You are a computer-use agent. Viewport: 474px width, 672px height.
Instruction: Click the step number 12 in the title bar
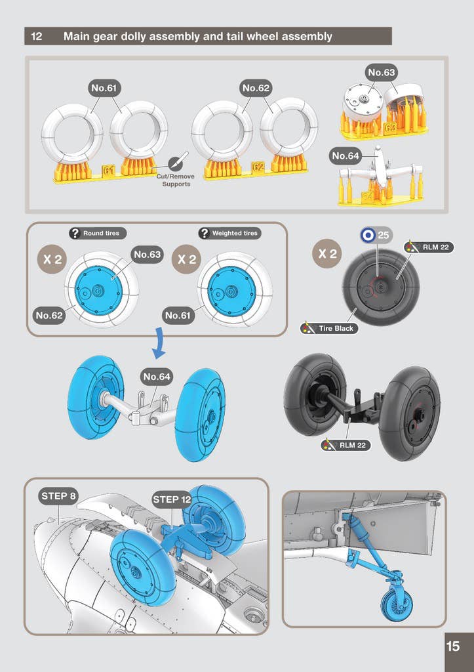[37, 37]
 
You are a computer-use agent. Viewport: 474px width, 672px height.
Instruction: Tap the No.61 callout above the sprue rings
[105, 89]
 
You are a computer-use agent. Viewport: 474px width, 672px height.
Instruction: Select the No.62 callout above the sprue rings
[256, 89]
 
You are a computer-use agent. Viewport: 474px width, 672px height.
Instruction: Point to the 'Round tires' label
[98, 233]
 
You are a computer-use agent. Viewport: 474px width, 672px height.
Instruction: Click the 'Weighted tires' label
[229, 233]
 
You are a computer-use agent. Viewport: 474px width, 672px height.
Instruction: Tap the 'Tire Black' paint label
[329, 329]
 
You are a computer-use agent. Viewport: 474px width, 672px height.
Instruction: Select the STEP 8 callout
[58, 496]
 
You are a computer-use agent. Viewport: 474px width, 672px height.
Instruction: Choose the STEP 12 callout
[172, 499]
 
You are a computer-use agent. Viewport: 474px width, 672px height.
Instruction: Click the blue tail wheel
[397, 603]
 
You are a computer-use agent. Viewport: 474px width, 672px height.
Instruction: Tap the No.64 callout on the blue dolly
[157, 377]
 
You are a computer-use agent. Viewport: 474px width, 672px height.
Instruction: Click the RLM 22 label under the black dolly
[346, 446]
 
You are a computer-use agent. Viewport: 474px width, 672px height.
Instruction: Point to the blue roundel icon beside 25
[368, 235]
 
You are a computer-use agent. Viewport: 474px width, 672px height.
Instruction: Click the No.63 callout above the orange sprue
[382, 72]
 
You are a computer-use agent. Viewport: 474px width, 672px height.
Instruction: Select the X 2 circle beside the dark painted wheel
[328, 254]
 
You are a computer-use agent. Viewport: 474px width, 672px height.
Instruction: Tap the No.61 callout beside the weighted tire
[178, 316]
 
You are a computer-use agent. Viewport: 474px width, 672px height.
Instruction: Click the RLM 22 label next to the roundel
[429, 247]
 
